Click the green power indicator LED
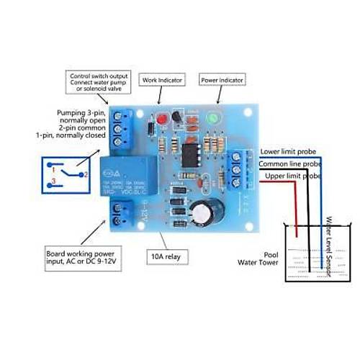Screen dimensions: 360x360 pyautogui.click(x=212, y=117)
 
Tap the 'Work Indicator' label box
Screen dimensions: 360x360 pyautogui.click(x=161, y=80)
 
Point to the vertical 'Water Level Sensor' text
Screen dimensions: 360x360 pyautogui.click(x=328, y=245)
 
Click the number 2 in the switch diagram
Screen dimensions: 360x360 pyautogui.click(x=85, y=175)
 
